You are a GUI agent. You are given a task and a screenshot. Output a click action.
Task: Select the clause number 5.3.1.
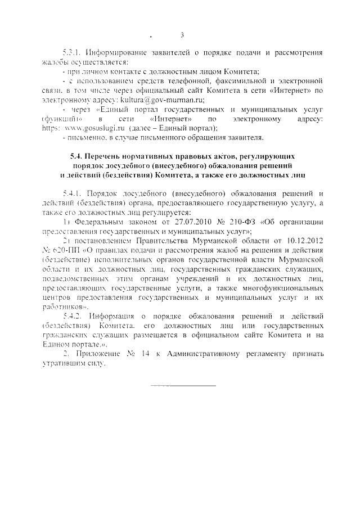(x=72, y=52)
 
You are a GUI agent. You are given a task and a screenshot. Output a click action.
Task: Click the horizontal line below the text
(x=183, y=386)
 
